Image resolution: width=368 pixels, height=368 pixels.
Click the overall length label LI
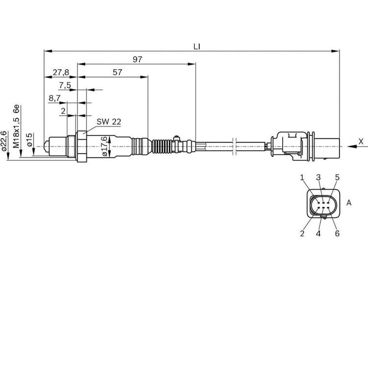point(197,47)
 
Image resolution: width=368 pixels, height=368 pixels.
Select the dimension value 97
point(137,59)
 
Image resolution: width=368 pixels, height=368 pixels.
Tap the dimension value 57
point(117,72)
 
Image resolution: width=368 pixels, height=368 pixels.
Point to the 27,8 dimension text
point(61,73)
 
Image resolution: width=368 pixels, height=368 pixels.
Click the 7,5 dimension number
point(65,85)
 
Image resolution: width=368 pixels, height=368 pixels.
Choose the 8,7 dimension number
point(54,98)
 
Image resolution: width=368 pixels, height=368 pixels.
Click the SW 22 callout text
point(108,122)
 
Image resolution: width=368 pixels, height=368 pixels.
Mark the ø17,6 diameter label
point(105,146)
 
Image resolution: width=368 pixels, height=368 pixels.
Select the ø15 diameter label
point(29,140)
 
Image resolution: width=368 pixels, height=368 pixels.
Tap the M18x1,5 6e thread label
point(16,127)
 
